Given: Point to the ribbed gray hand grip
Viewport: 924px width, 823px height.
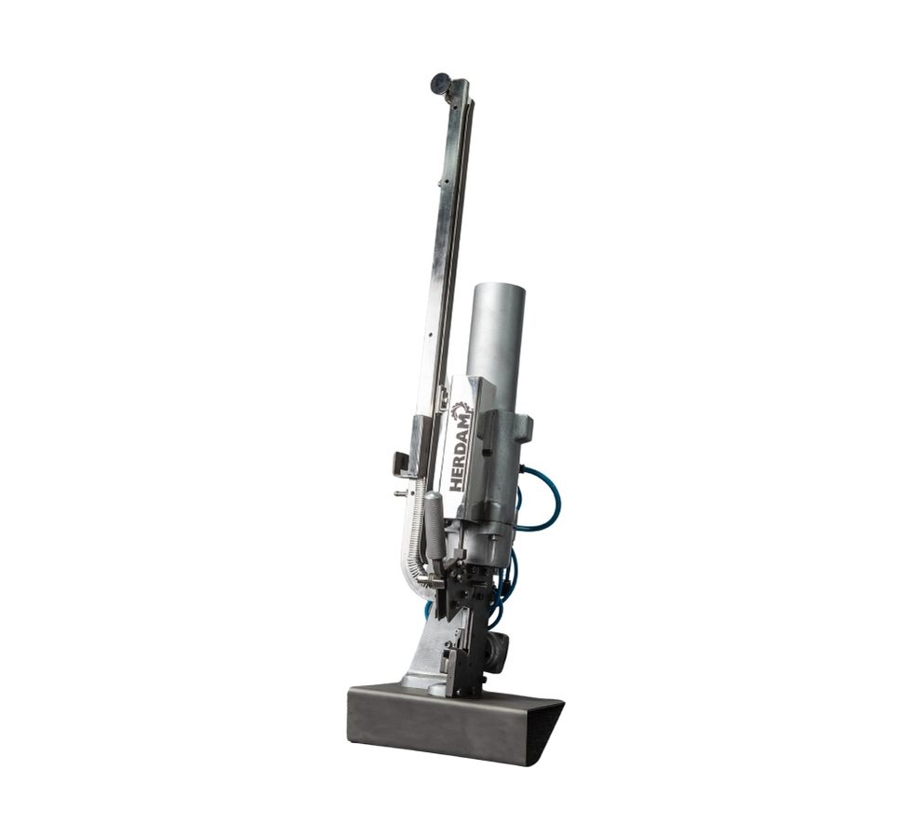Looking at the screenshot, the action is click(x=435, y=525).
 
